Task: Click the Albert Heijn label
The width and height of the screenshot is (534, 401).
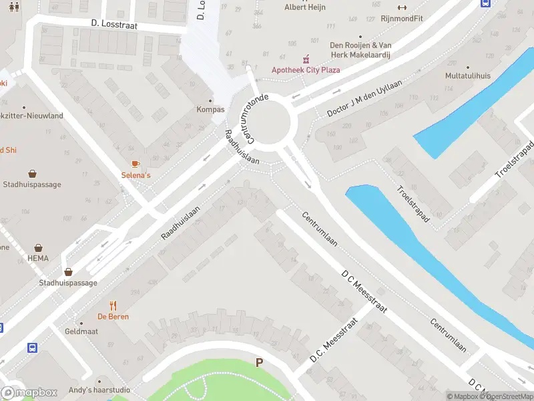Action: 305,7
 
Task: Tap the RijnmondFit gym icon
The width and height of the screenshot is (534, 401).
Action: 402,7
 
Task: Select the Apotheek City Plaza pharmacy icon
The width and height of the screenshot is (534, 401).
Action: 306,58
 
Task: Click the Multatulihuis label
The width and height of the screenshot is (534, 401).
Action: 468,76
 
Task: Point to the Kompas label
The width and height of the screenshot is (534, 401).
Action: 210,110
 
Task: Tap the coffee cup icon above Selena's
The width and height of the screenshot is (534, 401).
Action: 136,164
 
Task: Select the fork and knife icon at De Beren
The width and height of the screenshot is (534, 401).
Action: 113,305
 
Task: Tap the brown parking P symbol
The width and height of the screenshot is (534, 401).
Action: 259,362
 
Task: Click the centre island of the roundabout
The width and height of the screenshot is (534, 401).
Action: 270,121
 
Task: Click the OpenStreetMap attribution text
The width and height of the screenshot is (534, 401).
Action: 507,396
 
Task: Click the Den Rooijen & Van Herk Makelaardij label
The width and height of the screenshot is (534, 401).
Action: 360,50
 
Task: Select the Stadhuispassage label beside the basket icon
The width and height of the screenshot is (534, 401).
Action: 67,283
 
